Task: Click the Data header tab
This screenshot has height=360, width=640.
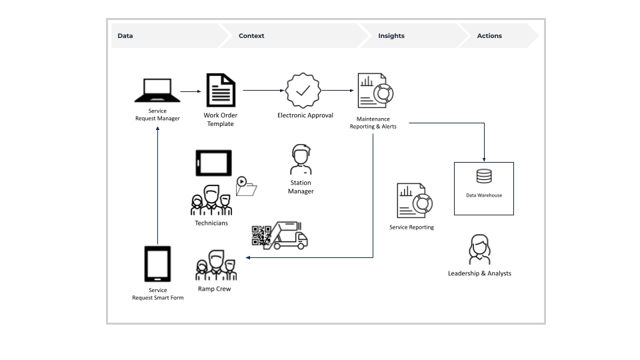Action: tap(125, 36)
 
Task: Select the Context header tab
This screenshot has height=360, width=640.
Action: tap(251, 36)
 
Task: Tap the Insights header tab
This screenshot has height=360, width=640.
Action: tap(391, 36)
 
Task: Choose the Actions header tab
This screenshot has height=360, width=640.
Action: tap(489, 36)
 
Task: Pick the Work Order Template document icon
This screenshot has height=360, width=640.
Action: tap(220, 91)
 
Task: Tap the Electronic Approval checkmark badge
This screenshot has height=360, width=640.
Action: tap(303, 91)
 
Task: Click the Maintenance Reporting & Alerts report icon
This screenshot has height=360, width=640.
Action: tap(375, 91)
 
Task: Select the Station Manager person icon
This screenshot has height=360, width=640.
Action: tap(301, 159)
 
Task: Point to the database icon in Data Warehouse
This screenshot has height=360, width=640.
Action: tap(484, 177)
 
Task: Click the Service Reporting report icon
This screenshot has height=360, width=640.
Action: tap(414, 201)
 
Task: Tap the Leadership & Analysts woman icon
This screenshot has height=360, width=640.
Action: tap(479, 249)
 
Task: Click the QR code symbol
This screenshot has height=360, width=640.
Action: tap(261, 235)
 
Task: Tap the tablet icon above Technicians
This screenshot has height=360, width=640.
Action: tap(213, 163)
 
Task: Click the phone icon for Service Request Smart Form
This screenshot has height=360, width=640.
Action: tap(157, 264)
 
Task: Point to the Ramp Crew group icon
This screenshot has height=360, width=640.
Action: tap(215, 265)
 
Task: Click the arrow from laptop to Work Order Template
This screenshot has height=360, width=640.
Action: tap(190, 91)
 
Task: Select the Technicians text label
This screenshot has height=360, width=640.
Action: tap(211, 223)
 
